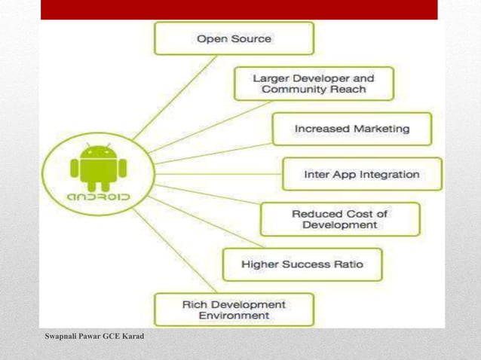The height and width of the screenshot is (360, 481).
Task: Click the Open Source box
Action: tap(234, 38)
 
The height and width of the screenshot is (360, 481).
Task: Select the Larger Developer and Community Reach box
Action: tap(313, 84)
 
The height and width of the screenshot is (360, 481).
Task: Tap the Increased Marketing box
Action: tap(351, 129)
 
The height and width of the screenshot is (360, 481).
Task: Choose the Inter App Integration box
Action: tap(361, 174)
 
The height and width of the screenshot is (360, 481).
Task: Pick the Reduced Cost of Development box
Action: tap(339, 219)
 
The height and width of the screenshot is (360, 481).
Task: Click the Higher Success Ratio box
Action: tap(302, 264)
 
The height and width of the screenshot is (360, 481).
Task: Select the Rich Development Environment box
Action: tap(234, 310)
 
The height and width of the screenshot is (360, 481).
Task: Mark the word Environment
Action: tap(234, 316)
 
